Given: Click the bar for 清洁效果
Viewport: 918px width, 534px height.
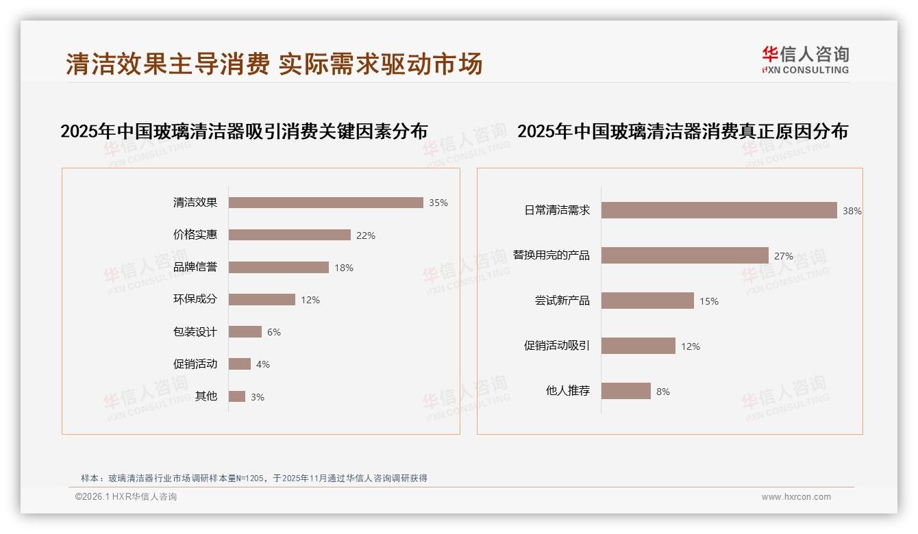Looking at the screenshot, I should (325, 203).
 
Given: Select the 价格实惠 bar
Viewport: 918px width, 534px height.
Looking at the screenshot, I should (289, 235).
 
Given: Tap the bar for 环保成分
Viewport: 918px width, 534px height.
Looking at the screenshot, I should (262, 300).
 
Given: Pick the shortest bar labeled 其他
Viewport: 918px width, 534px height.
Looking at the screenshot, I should (236, 396).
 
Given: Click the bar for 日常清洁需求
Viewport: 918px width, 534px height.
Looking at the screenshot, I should (719, 210).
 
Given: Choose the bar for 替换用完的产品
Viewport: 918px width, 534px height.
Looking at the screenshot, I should (684, 255).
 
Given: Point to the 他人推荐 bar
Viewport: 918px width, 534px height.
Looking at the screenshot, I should (625, 391).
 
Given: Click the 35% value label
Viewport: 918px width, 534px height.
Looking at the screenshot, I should (438, 203).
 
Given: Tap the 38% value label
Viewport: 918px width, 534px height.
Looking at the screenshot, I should (852, 211).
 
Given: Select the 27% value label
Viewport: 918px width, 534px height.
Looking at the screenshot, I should (783, 256).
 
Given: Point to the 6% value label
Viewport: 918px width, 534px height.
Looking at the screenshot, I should (274, 332).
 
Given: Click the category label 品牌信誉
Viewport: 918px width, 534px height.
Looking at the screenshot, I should (195, 267).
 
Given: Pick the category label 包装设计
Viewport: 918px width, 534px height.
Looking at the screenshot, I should (195, 332).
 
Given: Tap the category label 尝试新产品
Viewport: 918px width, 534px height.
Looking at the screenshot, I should (562, 301).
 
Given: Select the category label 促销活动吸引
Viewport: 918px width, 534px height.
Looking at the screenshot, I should (556, 346).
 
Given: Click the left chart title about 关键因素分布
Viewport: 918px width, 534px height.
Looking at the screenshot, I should (244, 131).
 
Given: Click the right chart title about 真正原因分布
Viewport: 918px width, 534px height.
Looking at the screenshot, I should (682, 131).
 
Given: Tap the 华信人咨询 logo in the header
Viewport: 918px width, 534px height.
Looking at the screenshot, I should (805, 60).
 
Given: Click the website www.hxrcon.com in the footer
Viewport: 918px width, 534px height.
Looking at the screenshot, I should (796, 497).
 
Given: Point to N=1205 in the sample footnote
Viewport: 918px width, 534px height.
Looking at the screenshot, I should (249, 479).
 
